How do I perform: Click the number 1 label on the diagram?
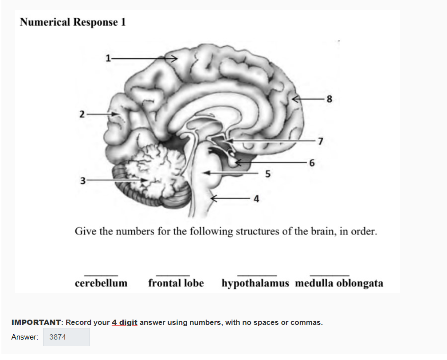(108, 58)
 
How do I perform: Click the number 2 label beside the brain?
(82, 114)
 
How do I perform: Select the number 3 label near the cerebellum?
(83, 181)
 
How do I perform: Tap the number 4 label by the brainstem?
(257, 198)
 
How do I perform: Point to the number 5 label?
(268, 174)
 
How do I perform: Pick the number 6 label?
(312, 163)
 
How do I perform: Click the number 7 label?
(321, 141)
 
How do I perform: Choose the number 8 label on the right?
(329, 99)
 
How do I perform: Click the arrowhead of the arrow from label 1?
(174, 59)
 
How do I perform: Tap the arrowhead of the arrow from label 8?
(295, 99)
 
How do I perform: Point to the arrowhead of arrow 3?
(145, 180)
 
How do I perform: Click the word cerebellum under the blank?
(101, 283)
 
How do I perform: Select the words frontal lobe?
(176, 283)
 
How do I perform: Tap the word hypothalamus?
(255, 283)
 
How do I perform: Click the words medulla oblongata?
(339, 283)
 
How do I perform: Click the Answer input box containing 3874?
(67, 337)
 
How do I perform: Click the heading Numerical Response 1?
(73, 22)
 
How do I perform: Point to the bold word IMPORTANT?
(36, 322)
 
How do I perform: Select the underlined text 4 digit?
(125, 323)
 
